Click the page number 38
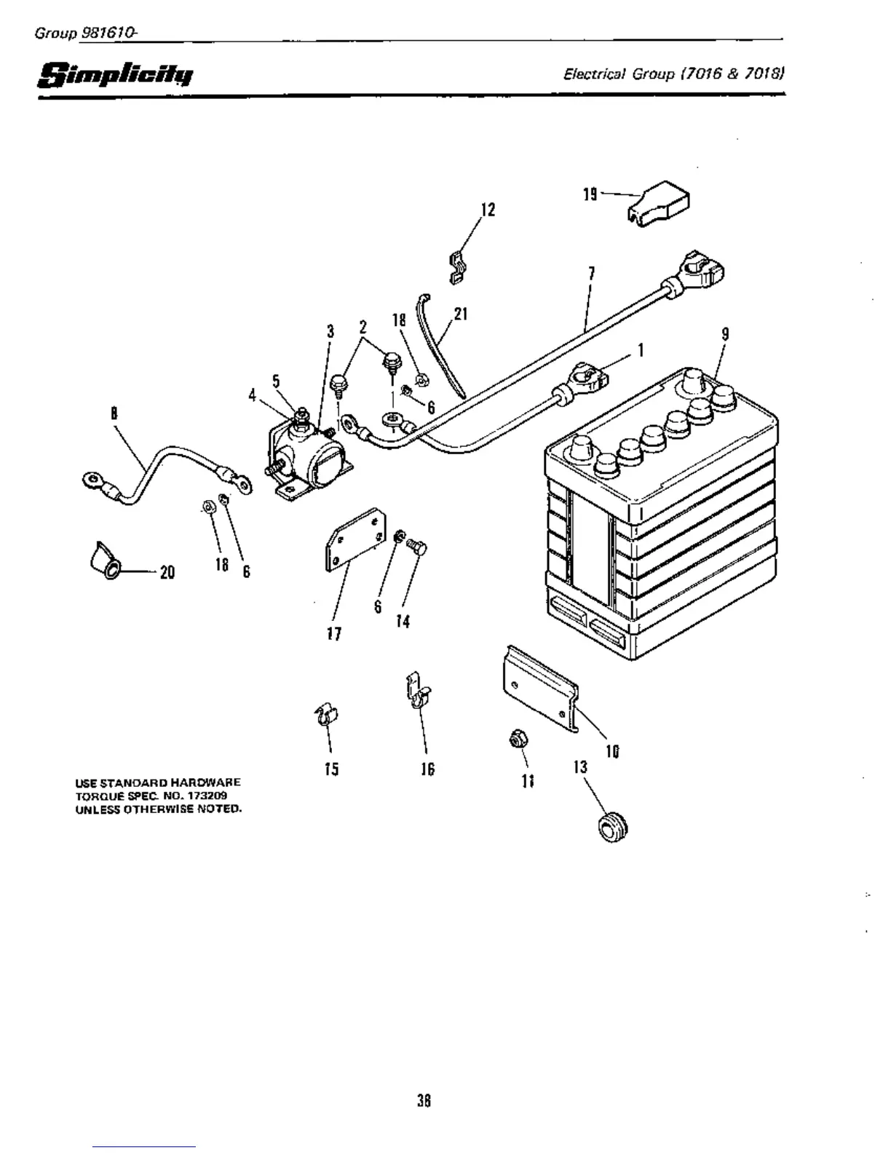click(424, 1101)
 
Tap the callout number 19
click(590, 194)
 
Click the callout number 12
click(488, 210)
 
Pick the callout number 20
click(167, 572)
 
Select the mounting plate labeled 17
click(354, 539)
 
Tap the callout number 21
click(460, 314)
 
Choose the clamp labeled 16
click(416, 694)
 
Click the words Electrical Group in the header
click(619, 74)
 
